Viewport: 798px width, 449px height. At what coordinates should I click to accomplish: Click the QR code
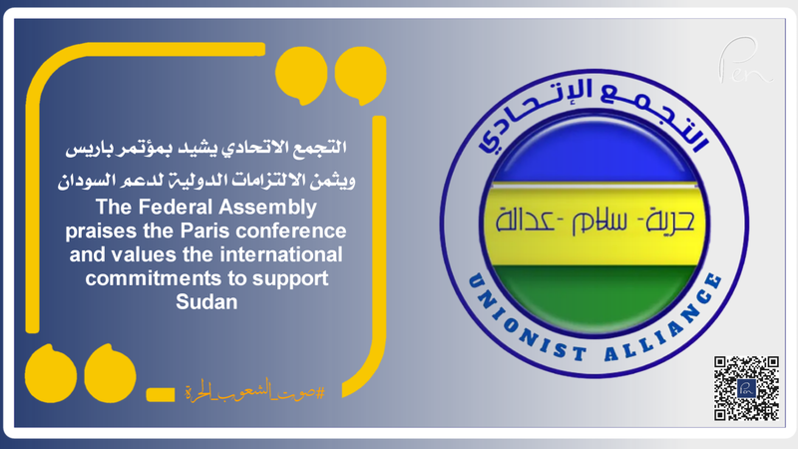(746, 388)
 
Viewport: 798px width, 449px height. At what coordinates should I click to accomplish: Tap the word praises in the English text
(135, 230)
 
